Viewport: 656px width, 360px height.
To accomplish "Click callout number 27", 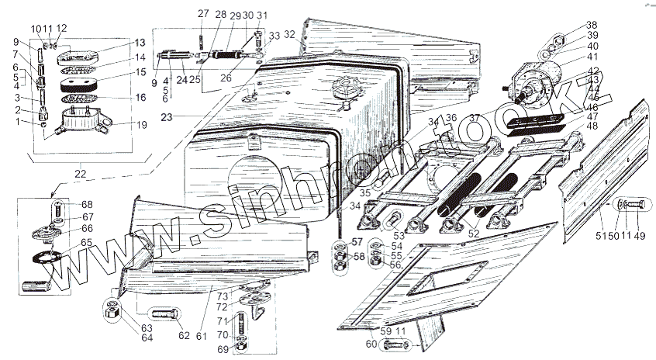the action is pos(202,14).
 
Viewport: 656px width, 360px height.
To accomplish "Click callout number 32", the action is pos(289,34).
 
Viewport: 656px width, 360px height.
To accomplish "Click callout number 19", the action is pos(141,123).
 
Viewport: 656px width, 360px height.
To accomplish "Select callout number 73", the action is pos(222,296).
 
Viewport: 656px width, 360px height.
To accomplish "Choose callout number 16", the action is pos(141,98).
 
